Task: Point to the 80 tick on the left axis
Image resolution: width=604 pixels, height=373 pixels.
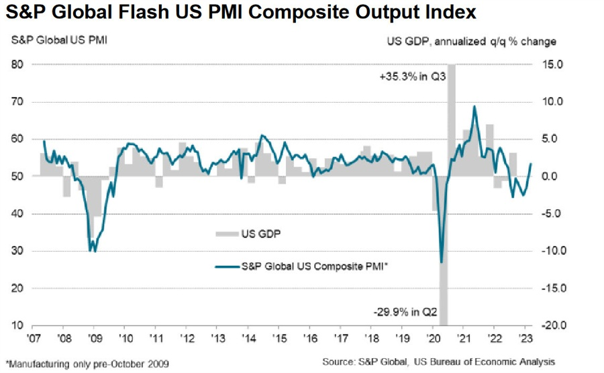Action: coord(18,64)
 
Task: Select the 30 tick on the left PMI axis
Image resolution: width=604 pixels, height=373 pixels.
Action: coord(18,252)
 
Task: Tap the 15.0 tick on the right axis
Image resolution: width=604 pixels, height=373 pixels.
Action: coord(542,64)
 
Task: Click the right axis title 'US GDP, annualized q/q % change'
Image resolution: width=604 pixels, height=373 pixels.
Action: coord(471,42)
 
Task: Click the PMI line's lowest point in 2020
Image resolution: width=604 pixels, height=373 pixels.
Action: coord(441,262)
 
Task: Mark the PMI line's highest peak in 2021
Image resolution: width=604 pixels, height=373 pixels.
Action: coord(475,106)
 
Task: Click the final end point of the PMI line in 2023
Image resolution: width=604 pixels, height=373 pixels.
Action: coord(532,164)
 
